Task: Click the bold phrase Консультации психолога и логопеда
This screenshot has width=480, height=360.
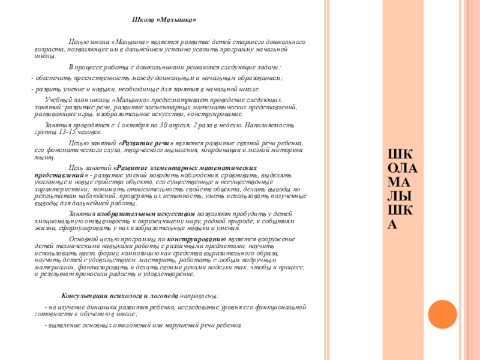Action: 120,296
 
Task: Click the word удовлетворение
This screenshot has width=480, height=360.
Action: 167,274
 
